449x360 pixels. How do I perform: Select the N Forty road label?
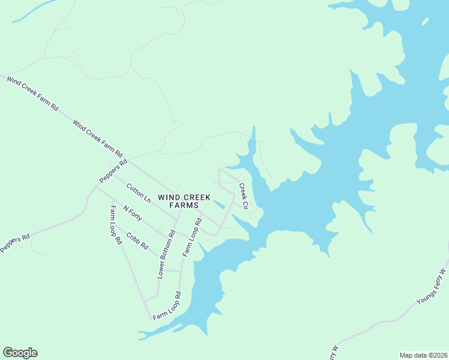pyautogui.click(x=132, y=213)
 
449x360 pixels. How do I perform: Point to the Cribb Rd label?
pyautogui.click(x=137, y=238)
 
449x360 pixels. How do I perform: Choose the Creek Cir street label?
pyautogui.click(x=244, y=196)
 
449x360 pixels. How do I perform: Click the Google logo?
pyautogui.click(x=20, y=353)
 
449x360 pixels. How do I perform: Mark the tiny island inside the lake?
pyautogui.click(x=425, y=22)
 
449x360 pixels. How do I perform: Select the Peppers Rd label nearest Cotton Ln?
pyautogui.click(x=113, y=171)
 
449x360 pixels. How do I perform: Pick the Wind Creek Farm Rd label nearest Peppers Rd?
pyautogui.click(x=97, y=137)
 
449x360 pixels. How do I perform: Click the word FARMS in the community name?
pyautogui.click(x=184, y=205)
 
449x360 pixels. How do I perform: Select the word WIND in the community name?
pyautogui.click(x=168, y=196)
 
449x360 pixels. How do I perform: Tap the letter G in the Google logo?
pyautogui.click(x=8, y=353)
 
